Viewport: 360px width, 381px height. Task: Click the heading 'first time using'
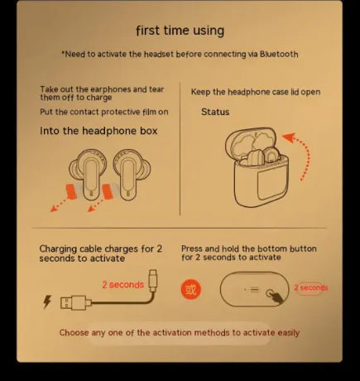(180, 31)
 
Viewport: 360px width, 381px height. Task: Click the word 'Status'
(215, 112)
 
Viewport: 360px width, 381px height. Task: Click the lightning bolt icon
(46, 301)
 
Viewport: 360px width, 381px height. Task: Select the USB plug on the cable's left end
(70, 301)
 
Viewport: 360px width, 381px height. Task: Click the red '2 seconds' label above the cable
(122, 284)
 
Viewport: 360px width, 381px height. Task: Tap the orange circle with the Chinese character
(191, 289)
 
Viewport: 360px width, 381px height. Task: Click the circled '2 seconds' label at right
(311, 288)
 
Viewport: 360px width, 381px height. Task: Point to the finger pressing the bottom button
(279, 292)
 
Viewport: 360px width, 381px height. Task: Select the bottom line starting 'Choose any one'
(180, 333)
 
